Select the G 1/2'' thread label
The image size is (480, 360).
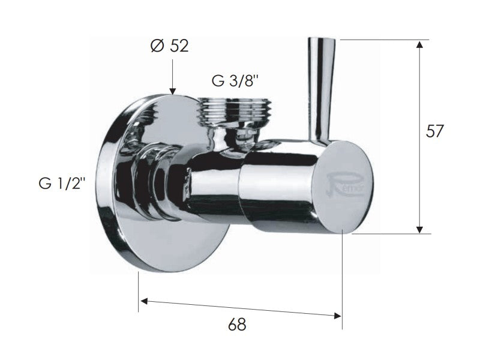60,183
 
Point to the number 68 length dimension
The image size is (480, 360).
238,325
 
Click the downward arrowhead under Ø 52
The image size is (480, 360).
172,90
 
